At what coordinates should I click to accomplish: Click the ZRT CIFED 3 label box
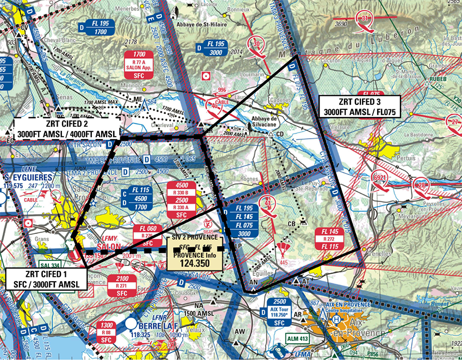tap(359, 107)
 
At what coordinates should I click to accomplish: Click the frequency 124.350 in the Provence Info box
tap(195, 263)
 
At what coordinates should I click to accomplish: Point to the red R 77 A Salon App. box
tap(140, 66)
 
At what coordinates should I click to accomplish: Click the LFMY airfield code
tap(109, 237)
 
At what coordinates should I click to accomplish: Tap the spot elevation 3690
tap(341, 24)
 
